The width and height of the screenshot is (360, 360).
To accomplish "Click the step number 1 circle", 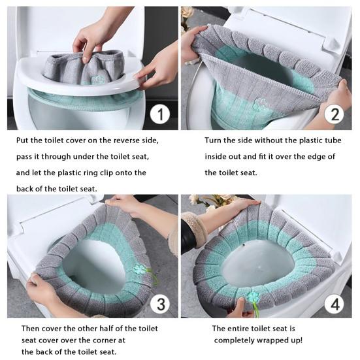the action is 160,114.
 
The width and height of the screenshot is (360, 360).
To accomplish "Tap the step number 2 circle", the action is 334,114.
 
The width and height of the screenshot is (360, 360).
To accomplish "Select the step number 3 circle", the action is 161,304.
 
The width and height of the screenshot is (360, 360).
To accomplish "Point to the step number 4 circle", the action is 334,304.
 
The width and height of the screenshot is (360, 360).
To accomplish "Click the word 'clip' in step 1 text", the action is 106,173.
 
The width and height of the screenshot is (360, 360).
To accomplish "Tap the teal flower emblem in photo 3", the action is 140,270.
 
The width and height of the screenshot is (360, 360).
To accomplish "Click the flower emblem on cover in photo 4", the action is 254,297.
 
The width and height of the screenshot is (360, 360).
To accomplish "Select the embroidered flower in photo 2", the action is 260,103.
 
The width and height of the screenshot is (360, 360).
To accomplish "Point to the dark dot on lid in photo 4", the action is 244,245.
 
